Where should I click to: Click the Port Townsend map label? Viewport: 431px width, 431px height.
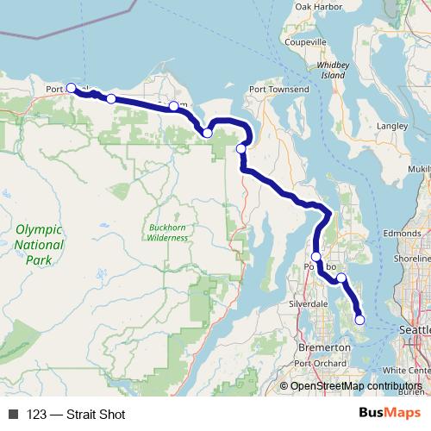[x=278, y=89]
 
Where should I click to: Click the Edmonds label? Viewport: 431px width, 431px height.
[x=402, y=233]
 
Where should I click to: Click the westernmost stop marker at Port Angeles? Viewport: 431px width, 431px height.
[x=71, y=88]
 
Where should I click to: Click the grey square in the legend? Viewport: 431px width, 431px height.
[x=12, y=415]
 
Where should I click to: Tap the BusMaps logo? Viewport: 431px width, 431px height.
[x=390, y=414]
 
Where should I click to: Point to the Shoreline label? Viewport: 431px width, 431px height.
[x=411, y=258]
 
